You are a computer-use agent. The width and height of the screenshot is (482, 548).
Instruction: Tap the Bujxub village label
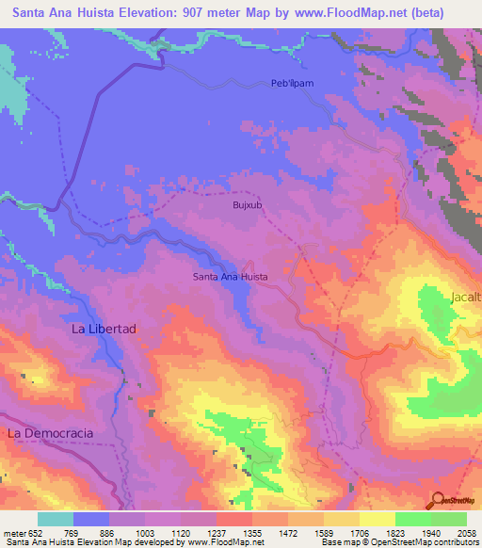click(245, 203)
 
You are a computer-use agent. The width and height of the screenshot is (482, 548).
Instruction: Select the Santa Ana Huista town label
click(231, 277)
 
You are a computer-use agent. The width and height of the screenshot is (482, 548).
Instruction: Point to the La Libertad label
click(104, 330)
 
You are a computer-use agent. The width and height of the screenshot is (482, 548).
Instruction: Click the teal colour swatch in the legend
click(56, 519)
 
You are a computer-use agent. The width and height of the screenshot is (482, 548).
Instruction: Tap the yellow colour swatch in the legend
click(377, 519)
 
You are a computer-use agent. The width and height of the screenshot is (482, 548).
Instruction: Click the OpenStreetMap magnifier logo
click(436, 499)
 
